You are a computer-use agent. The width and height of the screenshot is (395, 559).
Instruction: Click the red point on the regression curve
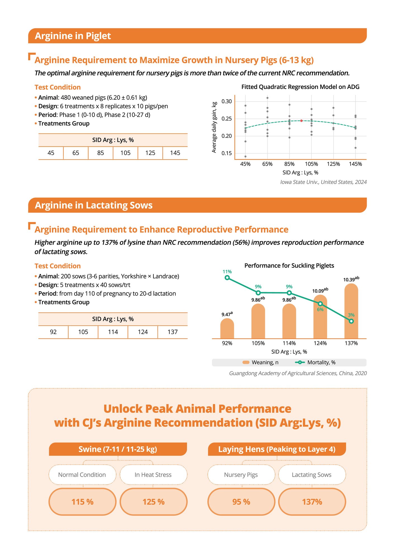[x=301, y=121]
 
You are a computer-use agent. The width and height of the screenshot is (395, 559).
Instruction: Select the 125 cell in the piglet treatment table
[x=150, y=153]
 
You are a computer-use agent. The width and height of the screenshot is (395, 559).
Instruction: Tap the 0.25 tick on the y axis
[x=226, y=119]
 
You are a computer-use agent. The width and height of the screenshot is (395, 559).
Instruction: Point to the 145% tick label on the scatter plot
[x=355, y=164]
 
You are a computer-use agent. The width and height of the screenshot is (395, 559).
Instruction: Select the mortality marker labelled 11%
[x=227, y=278]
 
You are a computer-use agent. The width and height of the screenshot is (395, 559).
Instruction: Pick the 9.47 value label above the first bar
[x=227, y=314]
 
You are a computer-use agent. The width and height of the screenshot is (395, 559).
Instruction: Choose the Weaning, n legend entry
[x=261, y=362]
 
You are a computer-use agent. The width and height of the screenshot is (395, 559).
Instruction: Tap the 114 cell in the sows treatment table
[x=113, y=332]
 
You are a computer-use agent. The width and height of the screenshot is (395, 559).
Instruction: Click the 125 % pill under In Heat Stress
[x=153, y=502]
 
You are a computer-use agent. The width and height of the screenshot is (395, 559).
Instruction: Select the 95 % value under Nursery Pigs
[x=241, y=502]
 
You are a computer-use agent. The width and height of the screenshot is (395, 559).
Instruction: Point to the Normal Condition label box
[x=82, y=475]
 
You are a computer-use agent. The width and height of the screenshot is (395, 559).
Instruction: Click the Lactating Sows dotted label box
[x=312, y=475]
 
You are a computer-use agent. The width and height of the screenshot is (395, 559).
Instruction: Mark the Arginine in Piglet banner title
[x=73, y=36]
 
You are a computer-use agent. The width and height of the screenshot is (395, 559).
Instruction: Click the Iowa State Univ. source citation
[x=323, y=182]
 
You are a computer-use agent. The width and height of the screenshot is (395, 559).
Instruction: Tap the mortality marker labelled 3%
[x=351, y=321]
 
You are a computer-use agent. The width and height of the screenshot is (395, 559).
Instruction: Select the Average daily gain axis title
[x=214, y=127]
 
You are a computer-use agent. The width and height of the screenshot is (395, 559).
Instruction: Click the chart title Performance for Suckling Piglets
[x=289, y=266]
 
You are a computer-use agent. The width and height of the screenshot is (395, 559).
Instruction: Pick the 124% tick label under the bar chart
[x=320, y=343]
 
